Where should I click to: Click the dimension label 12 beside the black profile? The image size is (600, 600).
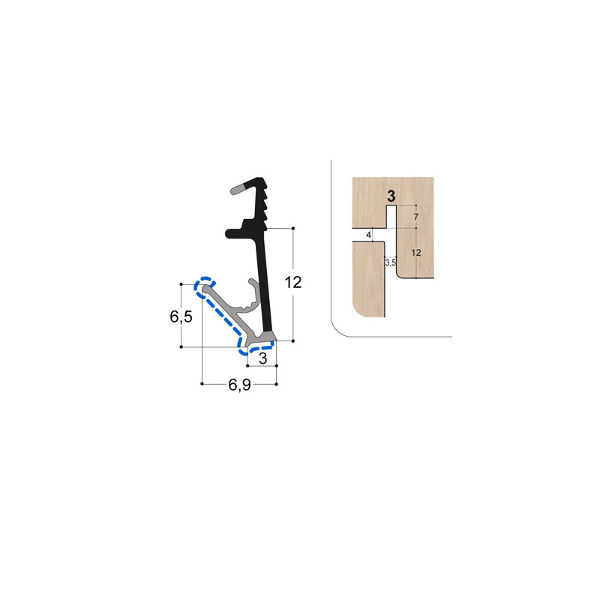(293, 282)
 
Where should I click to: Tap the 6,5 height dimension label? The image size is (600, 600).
(181, 316)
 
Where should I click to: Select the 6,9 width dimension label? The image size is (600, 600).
(239, 385)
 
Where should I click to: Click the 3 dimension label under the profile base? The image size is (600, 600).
(262, 359)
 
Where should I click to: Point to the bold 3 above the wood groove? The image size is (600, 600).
(390, 196)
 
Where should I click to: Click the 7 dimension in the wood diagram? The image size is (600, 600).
(417, 217)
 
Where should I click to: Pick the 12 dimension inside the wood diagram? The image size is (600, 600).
(417, 253)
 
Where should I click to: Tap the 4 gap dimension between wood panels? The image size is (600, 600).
(368, 235)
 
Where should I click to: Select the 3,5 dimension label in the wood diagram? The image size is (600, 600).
(390, 263)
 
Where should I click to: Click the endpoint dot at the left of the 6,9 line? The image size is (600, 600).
(202, 385)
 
